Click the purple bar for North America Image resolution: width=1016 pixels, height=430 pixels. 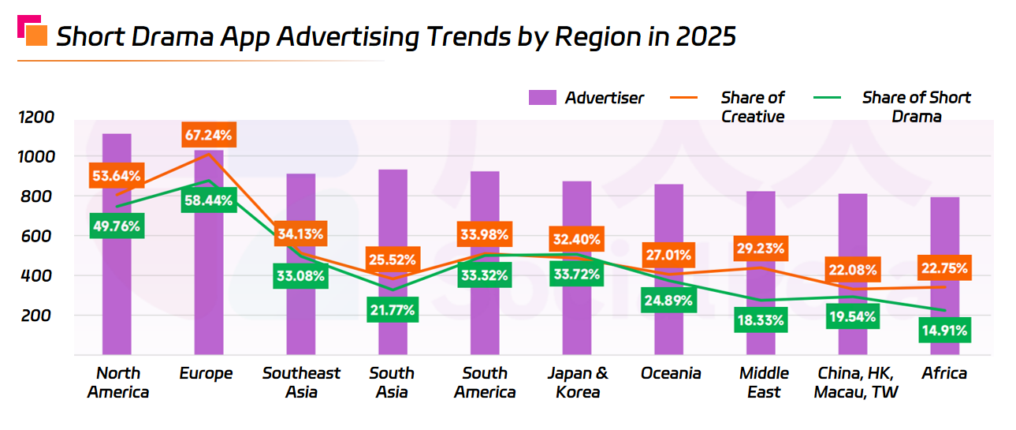[x=117, y=300]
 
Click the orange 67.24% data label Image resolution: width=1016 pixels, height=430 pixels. [x=208, y=136]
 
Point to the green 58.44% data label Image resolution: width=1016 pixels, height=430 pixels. [x=208, y=201]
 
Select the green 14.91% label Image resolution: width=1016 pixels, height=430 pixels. [x=944, y=330]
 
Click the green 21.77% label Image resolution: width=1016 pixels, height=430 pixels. [x=393, y=310]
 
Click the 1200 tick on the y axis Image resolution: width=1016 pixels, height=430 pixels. [x=37, y=118]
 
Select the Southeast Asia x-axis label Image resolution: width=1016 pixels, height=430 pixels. [x=301, y=383]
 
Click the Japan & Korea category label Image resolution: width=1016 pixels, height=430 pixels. [x=577, y=383]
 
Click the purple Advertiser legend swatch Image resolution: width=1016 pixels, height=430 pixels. [x=543, y=98]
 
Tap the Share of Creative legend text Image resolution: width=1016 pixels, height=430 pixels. [x=753, y=107]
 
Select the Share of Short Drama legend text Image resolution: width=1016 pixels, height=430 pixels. [x=916, y=107]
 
